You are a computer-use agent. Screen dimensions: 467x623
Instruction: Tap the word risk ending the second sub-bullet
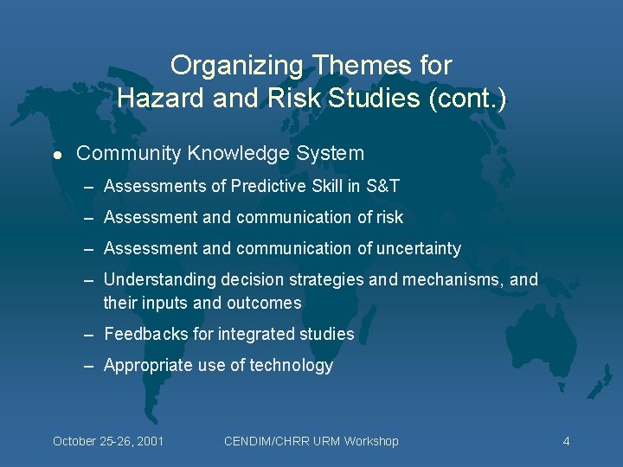click(x=389, y=217)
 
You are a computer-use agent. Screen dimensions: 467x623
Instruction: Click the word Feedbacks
click(x=142, y=334)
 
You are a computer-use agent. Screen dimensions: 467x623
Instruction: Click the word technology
click(x=291, y=366)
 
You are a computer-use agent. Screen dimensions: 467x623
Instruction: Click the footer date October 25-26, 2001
click(x=108, y=441)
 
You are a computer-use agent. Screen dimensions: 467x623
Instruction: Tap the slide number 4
click(x=566, y=441)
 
